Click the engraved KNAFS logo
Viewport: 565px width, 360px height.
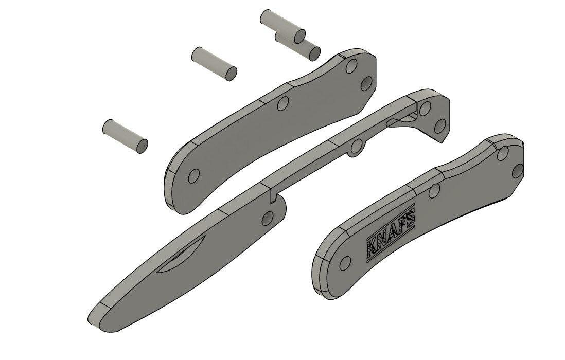click(391, 234)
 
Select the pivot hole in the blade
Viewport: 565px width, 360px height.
click(267, 219)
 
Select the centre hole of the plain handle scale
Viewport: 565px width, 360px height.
click(281, 104)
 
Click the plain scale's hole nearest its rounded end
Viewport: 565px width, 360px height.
click(193, 177)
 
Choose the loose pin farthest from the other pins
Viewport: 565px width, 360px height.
click(125, 136)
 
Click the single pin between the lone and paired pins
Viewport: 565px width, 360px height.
click(214, 63)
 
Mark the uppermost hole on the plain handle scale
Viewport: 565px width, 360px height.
click(351, 67)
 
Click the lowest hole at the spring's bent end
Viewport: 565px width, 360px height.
click(439, 125)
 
